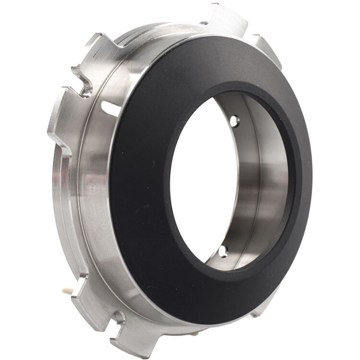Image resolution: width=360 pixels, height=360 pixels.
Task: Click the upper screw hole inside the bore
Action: [234, 121]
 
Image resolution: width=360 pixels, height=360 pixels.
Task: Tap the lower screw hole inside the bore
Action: [223, 250]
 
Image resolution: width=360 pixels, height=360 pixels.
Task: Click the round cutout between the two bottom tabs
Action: [119, 317]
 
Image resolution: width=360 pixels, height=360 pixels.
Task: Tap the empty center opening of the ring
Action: [202, 182]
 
